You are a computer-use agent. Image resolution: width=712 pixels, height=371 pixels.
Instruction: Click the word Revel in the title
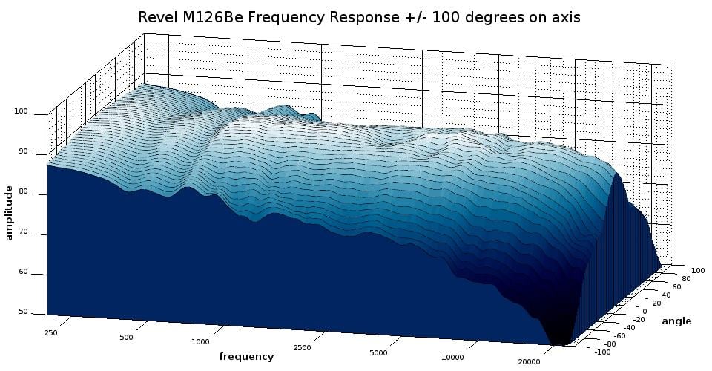(x=157, y=17)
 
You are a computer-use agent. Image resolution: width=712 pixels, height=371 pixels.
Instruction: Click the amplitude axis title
(x=10, y=213)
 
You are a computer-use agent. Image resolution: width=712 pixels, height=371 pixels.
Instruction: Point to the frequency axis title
(x=246, y=357)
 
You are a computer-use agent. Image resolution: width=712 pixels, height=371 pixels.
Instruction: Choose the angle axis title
(x=676, y=321)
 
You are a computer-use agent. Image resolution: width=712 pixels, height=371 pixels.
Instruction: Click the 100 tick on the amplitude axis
(x=21, y=112)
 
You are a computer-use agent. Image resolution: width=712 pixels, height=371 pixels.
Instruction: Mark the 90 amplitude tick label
(x=23, y=152)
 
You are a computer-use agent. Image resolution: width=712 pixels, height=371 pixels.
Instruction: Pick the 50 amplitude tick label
(x=23, y=312)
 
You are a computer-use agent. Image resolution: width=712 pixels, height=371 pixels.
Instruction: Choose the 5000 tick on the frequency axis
(x=378, y=352)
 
